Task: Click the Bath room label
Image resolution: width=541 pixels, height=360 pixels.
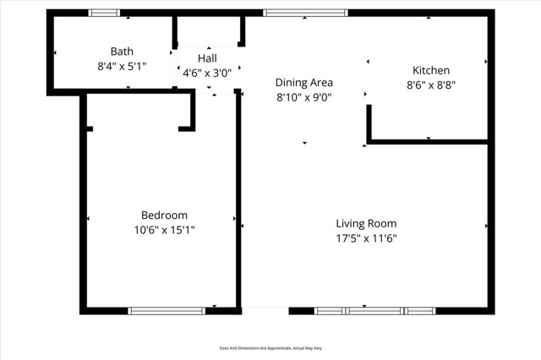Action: (x=122, y=52)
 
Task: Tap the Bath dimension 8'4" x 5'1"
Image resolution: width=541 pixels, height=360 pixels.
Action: (x=123, y=65)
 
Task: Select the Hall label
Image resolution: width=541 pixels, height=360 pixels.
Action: (x=207, y=58)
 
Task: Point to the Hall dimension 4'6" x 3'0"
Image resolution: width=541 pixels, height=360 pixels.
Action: (x=207, y=73)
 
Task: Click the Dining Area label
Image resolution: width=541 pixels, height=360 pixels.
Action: (x=304, y=83)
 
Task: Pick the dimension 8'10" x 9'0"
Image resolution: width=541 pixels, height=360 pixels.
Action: (x=304, y=97)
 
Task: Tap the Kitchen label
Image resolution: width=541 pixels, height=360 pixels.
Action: (x=431, y=70)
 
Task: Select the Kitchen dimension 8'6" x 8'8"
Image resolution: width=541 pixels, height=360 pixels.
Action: (x=431, y=85)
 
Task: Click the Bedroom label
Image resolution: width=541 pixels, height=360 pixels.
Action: (x=164, y=215)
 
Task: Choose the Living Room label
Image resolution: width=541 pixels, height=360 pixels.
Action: (x=366, y=223)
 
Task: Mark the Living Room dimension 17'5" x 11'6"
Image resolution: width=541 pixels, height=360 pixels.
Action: (x=366, y=237)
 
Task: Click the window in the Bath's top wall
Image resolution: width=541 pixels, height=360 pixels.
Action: (x=105, y=13)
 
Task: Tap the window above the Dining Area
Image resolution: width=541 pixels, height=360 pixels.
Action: (x=305, y=13)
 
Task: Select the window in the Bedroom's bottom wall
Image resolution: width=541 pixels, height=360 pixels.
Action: (x=167, y=311)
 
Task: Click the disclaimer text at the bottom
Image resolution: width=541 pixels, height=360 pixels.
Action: (x=270, y=348)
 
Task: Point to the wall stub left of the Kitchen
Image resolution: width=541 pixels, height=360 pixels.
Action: (x=369, y=123)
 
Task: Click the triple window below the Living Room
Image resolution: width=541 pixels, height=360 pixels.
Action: (x=374, y=311)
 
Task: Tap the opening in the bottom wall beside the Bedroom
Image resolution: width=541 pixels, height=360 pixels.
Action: (x=265, y=309)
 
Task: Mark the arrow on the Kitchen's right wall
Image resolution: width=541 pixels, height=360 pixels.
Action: (x=486, y=62)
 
